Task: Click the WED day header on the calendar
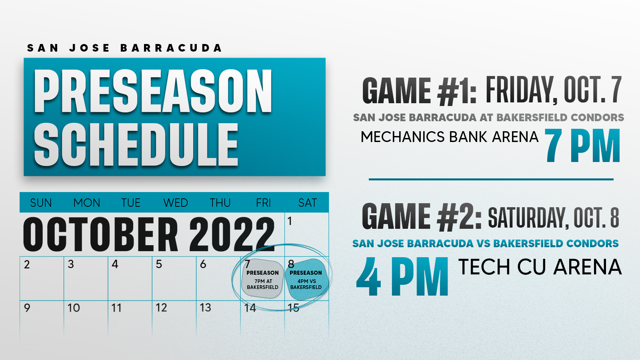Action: tap(176, 203)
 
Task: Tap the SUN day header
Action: tap(41, 203)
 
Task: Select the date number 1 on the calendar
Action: tap(290, 221)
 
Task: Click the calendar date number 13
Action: tap(206, 308)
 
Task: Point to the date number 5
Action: tap(159, 264)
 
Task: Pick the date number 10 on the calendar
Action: tap(74, 308)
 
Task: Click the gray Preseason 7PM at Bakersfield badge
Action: tap(262, 279)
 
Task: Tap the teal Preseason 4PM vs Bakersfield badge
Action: tap(306, 279)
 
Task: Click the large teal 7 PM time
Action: tap(583, 145)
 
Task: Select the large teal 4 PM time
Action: tap(402, 276)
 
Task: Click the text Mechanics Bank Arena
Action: tap(450, 136)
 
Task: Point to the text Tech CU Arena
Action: tap(540, 267)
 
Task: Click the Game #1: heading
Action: tap(419, 91)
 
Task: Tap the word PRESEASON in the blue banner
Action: tap(153, 91)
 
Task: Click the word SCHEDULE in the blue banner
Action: tap(136, 144)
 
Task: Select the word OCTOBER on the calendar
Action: tap(100, 234)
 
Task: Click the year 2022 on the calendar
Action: tap(232, 234)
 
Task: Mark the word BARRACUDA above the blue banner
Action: tap(171, 48)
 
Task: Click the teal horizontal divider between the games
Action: tap(491, 180)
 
